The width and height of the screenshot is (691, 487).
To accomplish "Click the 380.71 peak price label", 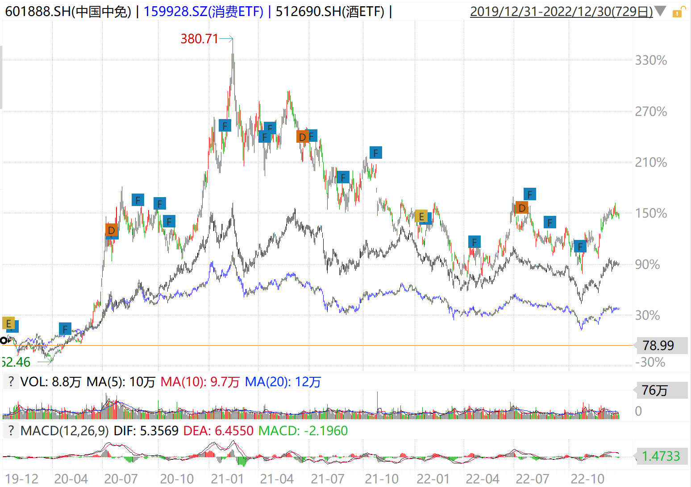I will point(199,39).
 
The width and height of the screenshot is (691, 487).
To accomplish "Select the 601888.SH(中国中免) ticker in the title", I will point(68,12).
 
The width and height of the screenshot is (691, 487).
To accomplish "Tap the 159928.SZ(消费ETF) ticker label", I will point(204,12).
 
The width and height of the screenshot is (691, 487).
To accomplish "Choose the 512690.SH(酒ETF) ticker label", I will point(330,12).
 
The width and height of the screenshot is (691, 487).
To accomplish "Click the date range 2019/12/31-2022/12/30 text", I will point(561,12).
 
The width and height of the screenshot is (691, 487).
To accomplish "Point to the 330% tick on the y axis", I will point(651,60).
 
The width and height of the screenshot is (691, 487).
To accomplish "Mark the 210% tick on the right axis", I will point(651,162).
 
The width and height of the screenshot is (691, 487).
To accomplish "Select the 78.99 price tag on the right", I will point(658,346).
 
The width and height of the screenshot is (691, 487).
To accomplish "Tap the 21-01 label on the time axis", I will point(227,479).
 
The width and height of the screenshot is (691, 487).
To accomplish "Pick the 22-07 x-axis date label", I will point(533,479).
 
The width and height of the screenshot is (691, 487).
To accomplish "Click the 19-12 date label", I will point(21,479).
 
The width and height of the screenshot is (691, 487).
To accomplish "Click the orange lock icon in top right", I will point(677,12).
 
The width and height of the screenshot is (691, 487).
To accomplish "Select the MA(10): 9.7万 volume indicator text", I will point(200,382).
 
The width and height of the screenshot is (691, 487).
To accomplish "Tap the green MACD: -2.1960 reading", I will point(303,431).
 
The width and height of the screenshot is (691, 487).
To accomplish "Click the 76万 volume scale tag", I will point(655,391).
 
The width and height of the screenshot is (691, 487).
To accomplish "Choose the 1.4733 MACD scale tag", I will point(661,456).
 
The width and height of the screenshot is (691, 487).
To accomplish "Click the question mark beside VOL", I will point(11,382).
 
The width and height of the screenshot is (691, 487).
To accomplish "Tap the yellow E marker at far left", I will point(8,323).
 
